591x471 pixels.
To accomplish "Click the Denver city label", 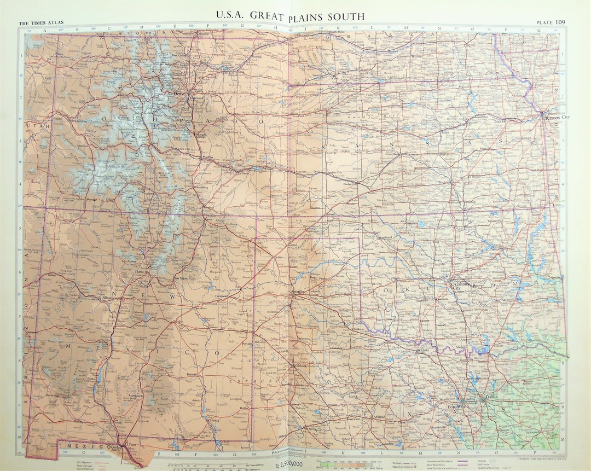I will [x=180, y=94].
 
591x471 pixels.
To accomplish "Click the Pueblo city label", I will [x=207, y=158].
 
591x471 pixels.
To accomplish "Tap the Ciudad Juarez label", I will [x=118, y=448].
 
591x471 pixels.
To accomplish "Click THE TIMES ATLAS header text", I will [x=41, y=23].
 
